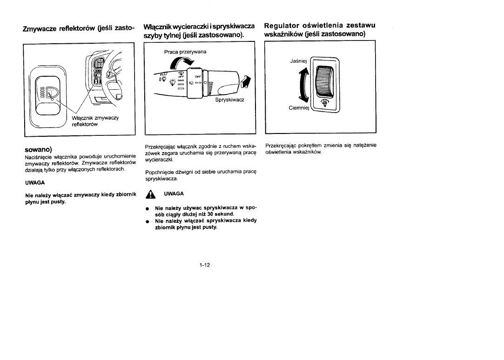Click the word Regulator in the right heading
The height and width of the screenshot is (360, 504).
(284, 25)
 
